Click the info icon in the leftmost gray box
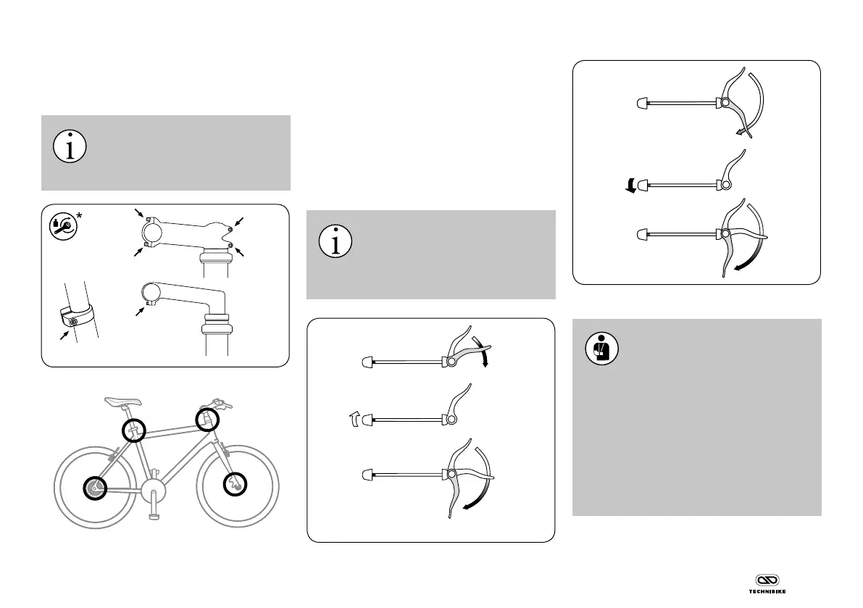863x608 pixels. (x=70, y=147)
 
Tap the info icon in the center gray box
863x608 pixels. (x=335, y=241)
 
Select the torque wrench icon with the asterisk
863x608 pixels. (x=62, y=226)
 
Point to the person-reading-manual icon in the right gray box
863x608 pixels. (x=600, y=351)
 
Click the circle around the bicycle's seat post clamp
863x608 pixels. (x=133, y=430)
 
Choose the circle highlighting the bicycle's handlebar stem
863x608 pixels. (x=207, y=418)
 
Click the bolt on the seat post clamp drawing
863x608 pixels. (x=73, y=321)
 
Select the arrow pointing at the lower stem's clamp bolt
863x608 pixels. (x=141, y=311)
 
